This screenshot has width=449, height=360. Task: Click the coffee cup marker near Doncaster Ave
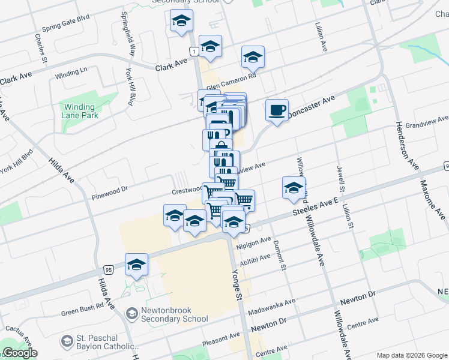pyautogui.click(x=277, y=110)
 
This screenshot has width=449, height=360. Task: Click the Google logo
pyautogui.click(x=20, y=353)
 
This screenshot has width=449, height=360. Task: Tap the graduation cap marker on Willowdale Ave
pyautogui.click(x=293, y=188)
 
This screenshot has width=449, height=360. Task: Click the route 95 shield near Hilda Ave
pyautogui.click(x=109, y=269)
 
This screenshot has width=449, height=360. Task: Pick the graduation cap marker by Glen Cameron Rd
pyautogui.click(x=253, y=58)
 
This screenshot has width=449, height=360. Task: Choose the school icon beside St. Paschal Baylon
pyautogui.click(x=66, y=342)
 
